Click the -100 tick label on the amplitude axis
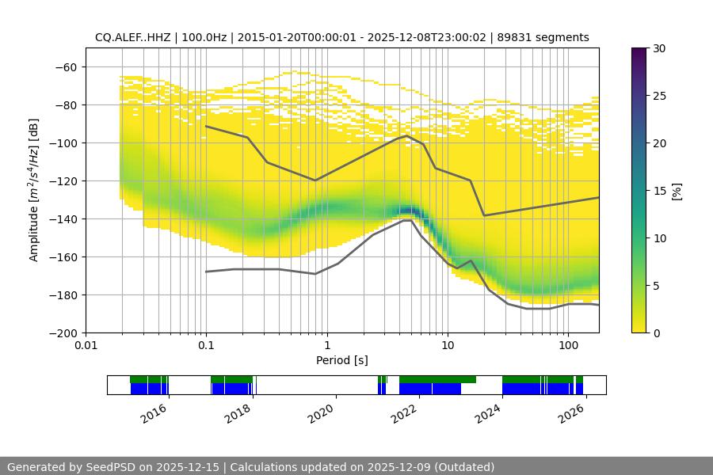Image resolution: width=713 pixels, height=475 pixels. point(67,142)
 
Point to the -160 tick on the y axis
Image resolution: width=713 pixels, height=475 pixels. point(67,256)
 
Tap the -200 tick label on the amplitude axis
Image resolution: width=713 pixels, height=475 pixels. point(67,332)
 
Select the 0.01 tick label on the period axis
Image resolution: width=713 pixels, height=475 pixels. point(86,346)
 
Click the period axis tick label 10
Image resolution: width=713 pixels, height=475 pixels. point(448,346)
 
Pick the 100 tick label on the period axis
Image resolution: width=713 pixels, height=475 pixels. point(567,346)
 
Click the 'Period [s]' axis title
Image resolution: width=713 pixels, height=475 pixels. point(341,360)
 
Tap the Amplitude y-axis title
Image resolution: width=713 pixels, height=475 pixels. point(34,190)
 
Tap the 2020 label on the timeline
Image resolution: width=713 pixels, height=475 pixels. point(321,412)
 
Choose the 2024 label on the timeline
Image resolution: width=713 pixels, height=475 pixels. point(487,412)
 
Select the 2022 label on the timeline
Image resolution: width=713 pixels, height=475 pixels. point(404,412)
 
